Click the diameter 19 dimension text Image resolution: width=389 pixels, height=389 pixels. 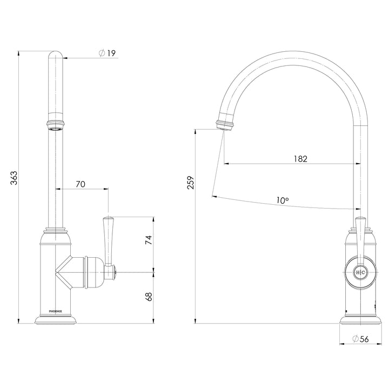coord(108,53)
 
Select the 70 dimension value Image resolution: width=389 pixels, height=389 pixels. coord(80,184)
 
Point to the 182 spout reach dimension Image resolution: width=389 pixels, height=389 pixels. coord(301,159)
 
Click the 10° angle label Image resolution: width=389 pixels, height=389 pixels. coord(282,200)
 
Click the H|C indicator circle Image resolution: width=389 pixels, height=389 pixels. coord(360,273)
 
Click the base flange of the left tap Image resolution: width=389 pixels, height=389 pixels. coord(56,320)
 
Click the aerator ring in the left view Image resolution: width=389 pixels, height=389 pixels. coord(56,125)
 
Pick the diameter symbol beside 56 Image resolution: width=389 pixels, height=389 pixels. coord(354,339)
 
